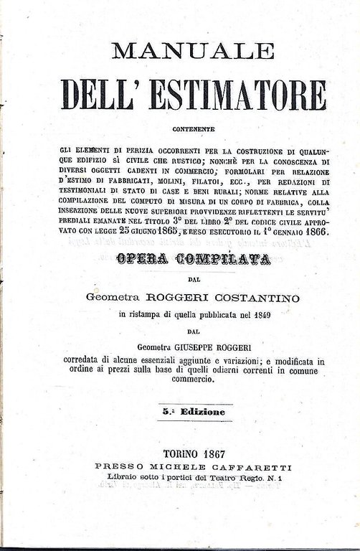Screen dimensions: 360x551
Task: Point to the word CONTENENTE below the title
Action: (x=194, y=129)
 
